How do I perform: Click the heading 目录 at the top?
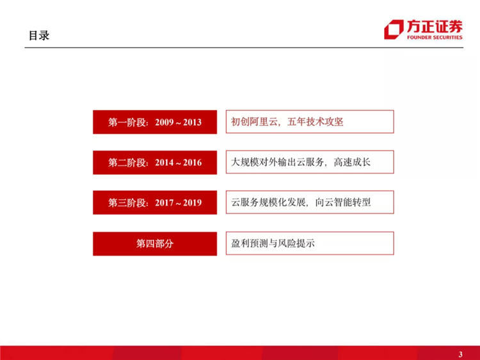(38, 35)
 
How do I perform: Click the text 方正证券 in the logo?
(433, 26)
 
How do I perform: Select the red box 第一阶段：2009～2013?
(155, 122)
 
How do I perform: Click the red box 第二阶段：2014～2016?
(155, 163)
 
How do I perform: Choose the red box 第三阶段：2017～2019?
(155, 203)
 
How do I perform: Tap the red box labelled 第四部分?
(155, 243)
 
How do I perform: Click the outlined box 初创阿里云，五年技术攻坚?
(309, 122)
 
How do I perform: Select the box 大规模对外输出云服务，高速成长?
(309, 163)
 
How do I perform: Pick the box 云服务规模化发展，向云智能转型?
(309, 203)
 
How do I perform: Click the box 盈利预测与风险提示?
(309, 243)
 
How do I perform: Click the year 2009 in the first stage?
(164, 122)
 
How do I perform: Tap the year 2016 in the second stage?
(192, 163)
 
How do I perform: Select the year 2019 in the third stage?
(192, 203)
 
